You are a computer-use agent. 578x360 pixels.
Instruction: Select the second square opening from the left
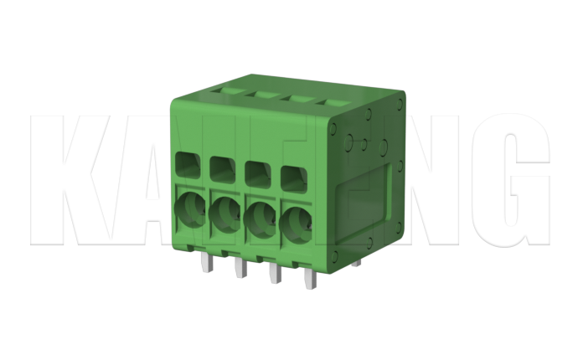click(x=222, y=168)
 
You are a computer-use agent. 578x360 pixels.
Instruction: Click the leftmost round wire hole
click(x=189, y=208)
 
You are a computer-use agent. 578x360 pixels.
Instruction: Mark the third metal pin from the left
click(x=274, y=274)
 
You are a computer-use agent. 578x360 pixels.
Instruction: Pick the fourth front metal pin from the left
click(x=309, y=280)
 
